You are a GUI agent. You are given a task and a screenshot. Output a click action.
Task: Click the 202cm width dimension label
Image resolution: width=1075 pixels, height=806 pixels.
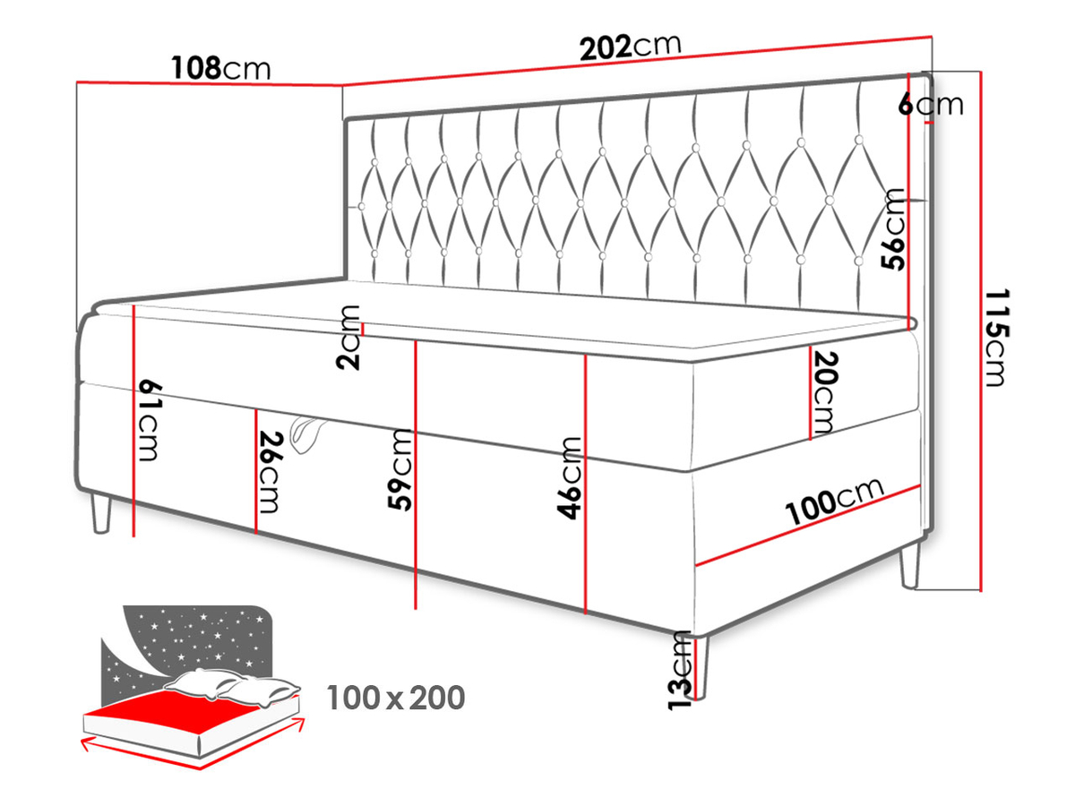(631, 47)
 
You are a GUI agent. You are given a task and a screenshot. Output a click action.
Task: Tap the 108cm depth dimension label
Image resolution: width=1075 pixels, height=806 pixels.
(221, 68)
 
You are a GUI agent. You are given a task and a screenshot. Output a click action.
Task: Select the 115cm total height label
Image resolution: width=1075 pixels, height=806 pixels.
(996, 338)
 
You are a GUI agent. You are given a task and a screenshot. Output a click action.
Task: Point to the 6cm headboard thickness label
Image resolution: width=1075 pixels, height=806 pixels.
(931, 105)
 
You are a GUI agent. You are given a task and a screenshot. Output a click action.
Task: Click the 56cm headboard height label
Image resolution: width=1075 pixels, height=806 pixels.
(893, 229)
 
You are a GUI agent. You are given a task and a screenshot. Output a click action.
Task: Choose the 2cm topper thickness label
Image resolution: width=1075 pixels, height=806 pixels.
(348, 337)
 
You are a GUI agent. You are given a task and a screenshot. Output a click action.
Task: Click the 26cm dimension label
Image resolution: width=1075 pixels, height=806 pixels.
(269, 472)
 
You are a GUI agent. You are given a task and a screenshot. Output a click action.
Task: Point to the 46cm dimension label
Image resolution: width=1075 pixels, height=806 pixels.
(569, 477)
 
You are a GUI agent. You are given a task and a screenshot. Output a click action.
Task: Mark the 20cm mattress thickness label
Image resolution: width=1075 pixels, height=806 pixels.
(824, 392)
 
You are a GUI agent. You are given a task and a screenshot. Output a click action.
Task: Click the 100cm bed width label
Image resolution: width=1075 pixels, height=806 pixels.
(835, 502)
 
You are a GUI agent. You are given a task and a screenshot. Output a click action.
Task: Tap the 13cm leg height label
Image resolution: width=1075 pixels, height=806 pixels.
(679, 670)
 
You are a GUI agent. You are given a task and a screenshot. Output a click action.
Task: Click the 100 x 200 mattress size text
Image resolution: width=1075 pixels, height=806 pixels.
(396, 698)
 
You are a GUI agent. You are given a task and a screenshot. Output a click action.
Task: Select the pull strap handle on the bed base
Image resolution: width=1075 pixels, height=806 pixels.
(306, 433)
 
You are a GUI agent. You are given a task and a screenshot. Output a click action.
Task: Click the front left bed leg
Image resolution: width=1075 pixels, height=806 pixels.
(102, 515)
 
